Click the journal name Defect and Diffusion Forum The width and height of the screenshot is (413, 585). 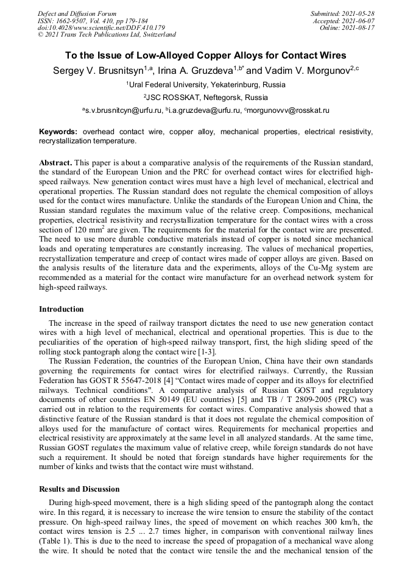[77, 13]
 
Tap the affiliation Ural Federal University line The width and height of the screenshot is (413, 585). [206, 85]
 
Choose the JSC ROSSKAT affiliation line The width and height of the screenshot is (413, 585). [206, 98]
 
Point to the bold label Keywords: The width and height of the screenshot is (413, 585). [58, 132]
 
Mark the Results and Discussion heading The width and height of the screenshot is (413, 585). [79, 489]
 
